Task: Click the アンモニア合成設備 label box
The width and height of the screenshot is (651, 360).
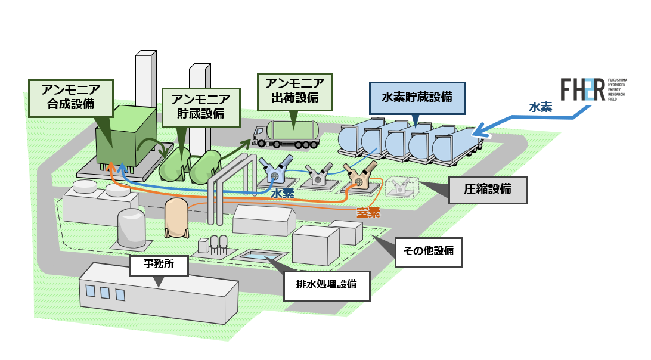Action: tap(71, 98)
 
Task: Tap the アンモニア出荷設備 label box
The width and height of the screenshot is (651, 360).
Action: tap(294, 91)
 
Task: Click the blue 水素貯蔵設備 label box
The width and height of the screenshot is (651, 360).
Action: tap(416, 97)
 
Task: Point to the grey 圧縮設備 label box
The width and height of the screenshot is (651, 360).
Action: tap(488, 190)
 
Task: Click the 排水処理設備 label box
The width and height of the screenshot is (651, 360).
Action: tap(326, 284)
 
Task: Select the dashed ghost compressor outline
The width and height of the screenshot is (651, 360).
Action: tap(398, 187)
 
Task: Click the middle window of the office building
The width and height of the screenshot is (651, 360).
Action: tap(105, 293)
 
